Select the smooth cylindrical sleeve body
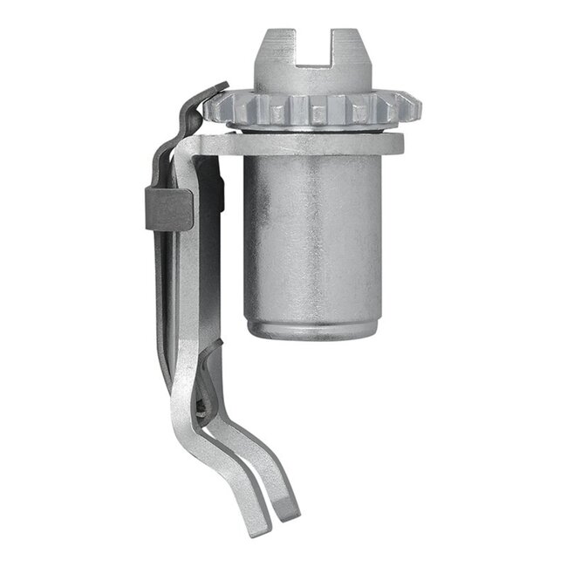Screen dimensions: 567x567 [x=312, y=236]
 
